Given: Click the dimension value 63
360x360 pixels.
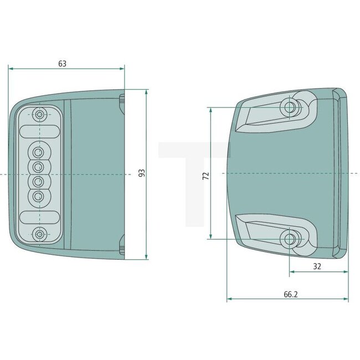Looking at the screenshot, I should click(62, 64).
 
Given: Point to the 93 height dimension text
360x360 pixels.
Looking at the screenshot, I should click(141, 173).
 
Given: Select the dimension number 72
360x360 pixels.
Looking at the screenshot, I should click(205, 176).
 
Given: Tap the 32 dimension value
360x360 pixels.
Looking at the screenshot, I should click(317, 266).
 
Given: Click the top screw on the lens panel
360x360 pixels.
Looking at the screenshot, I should click(39, 115).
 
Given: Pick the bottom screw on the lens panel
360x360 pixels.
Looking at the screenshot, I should click(39, 234).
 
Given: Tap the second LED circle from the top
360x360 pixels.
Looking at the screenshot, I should click(39, 166).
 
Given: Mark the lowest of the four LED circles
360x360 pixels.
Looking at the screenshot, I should click(39, 196).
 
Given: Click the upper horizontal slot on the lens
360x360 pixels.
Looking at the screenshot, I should click(39, 131).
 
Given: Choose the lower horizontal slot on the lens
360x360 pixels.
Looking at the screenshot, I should click(39, 217).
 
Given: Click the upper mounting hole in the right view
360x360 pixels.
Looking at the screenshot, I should click(289, 107).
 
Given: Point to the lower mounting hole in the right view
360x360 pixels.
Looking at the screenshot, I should click(289, 239).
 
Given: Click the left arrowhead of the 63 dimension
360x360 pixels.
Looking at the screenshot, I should click(11, 69).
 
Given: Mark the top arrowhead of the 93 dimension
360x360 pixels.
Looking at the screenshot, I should click(147, 91).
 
